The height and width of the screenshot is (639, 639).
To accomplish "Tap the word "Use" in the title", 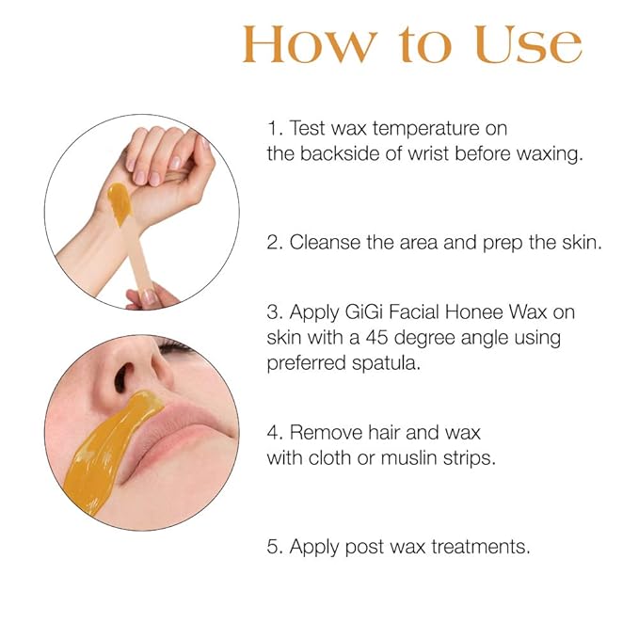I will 528,44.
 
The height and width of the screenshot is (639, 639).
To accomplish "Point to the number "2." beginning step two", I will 275,242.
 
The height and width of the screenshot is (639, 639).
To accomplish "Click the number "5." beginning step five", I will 275,546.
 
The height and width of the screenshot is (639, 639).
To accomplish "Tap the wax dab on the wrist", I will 120,200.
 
